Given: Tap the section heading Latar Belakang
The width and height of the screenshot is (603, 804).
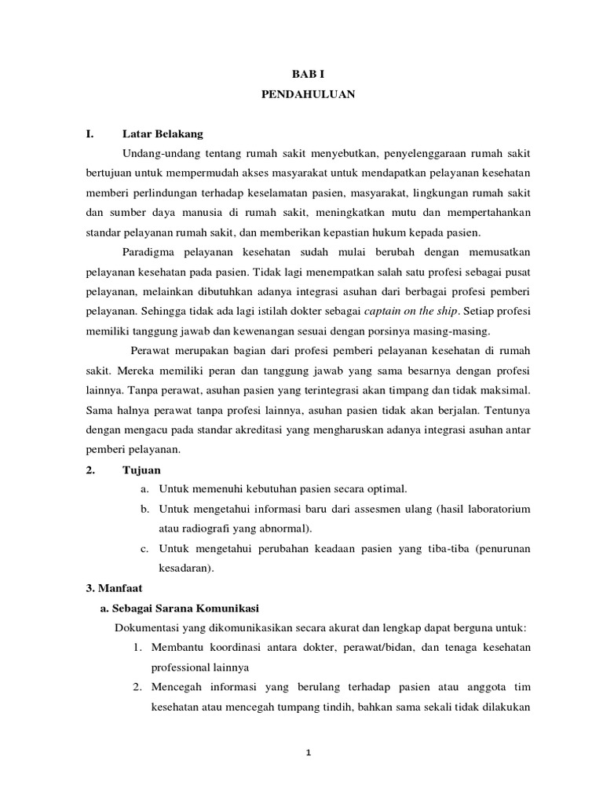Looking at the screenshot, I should (x=163, y=133).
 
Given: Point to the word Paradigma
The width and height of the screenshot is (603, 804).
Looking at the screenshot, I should (x=151, y=252).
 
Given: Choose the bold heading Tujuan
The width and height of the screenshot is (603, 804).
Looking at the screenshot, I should (x=141, y=470).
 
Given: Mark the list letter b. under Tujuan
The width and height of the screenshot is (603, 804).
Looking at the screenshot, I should (x=145, y=509).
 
